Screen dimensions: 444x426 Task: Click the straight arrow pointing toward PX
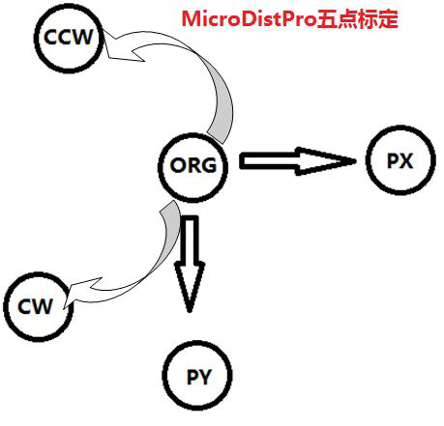[x=298, y=161]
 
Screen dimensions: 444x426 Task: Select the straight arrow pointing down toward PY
[x=190, y=264]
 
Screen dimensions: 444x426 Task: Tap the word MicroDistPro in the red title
[x=250, y=19]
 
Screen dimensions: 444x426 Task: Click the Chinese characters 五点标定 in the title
[x=358, y=19]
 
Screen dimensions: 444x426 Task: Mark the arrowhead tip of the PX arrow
[x=356, y=160]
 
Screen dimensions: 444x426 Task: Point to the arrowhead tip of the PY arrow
[x=190, y=312]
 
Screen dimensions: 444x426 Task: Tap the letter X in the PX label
[x=406, y=161]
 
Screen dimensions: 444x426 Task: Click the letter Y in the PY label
[x=204, y=376]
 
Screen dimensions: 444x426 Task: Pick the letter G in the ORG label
[x=208, y=166]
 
